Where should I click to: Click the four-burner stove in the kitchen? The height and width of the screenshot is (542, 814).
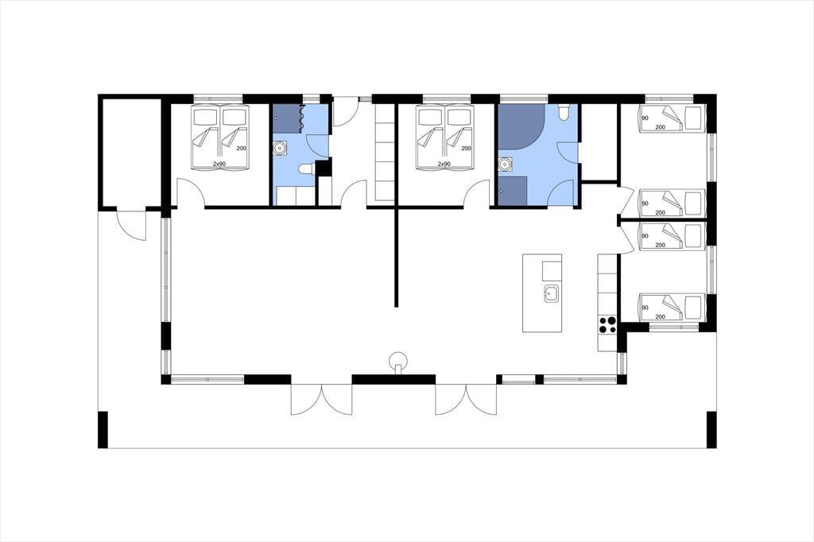607,324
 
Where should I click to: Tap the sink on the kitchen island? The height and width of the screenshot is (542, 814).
552,293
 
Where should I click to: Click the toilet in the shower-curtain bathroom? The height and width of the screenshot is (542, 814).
306,168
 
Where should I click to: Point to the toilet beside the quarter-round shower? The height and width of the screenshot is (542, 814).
564,112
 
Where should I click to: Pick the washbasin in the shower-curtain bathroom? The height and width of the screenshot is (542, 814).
281,149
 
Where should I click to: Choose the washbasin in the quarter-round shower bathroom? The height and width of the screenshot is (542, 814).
503,165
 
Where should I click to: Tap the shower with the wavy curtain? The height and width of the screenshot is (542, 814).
288,119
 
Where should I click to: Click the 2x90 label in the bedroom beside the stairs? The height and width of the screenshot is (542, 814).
444,164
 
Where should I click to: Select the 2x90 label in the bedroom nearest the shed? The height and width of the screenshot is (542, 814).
219,164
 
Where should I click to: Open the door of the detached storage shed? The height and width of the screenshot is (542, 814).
131,224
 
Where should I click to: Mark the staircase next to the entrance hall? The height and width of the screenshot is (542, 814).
385,153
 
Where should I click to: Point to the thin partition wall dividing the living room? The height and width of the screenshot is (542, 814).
396,257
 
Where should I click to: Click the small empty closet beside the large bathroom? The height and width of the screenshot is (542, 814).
599,141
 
